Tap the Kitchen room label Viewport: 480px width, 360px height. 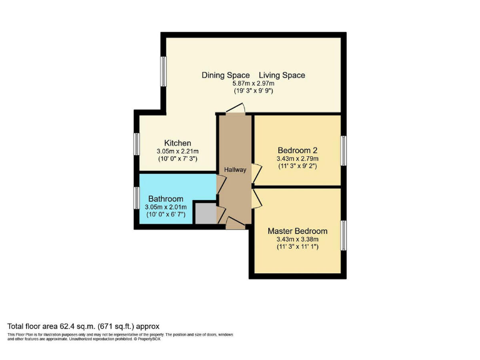point(177,143)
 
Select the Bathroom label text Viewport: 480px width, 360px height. point(166,199)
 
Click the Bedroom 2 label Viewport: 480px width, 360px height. point(297,151)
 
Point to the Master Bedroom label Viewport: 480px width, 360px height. point(297,231)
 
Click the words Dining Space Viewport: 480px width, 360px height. point(226,75)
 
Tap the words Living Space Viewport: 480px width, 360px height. point(282,75)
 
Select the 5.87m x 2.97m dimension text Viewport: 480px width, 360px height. point(253,83)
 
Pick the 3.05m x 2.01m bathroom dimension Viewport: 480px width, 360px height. point(166,207)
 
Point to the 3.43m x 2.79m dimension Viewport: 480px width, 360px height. point(297,159)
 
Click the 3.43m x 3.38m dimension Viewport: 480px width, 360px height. point(297,239)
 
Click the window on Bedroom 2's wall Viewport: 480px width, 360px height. point(343,151)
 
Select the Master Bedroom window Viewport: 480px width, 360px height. point(343,235)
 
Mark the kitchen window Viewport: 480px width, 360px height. point(136,143)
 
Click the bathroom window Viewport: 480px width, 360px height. point(136,199)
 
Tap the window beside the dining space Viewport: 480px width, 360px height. point(163,72)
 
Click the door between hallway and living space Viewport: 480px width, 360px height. point(235,110)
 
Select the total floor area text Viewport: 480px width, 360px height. point(84,326)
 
